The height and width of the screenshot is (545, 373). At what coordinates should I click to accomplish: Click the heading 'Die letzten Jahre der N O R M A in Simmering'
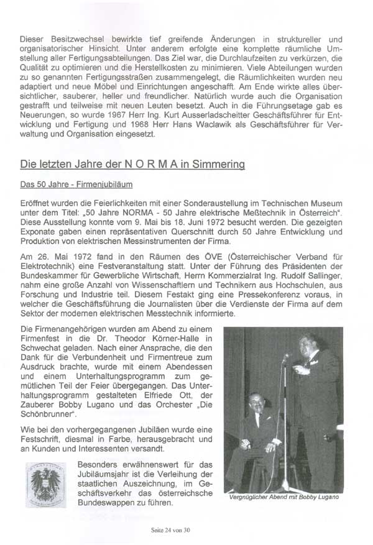132,165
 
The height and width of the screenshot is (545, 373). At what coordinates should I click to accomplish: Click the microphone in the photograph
285,359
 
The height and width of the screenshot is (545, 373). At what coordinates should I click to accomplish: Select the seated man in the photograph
256,429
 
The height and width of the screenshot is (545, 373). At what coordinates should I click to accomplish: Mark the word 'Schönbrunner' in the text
48,413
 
